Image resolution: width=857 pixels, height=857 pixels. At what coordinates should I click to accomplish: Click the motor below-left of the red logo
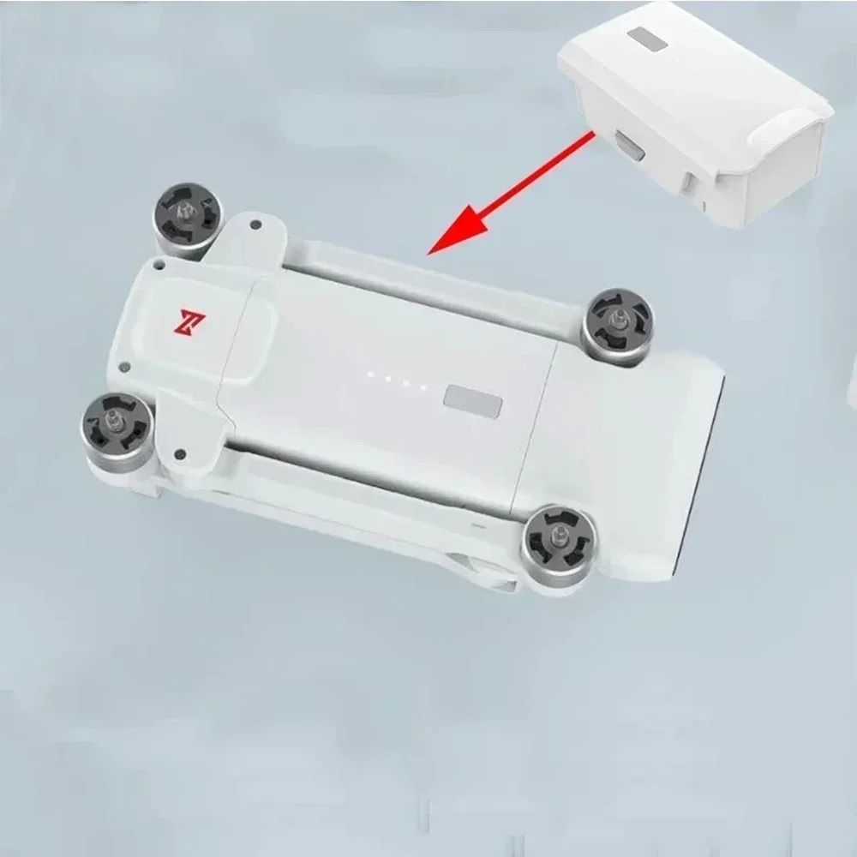(x=118, y=423)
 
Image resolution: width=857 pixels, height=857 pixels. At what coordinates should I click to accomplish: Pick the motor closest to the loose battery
(x=618, y=325)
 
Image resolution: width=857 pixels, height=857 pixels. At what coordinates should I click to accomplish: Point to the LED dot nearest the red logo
(x=370, y=375)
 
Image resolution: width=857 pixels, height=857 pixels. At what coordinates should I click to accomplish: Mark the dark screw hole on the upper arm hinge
(x=255, y=225)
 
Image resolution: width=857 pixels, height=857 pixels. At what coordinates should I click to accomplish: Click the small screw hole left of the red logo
(x=159, y=267)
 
